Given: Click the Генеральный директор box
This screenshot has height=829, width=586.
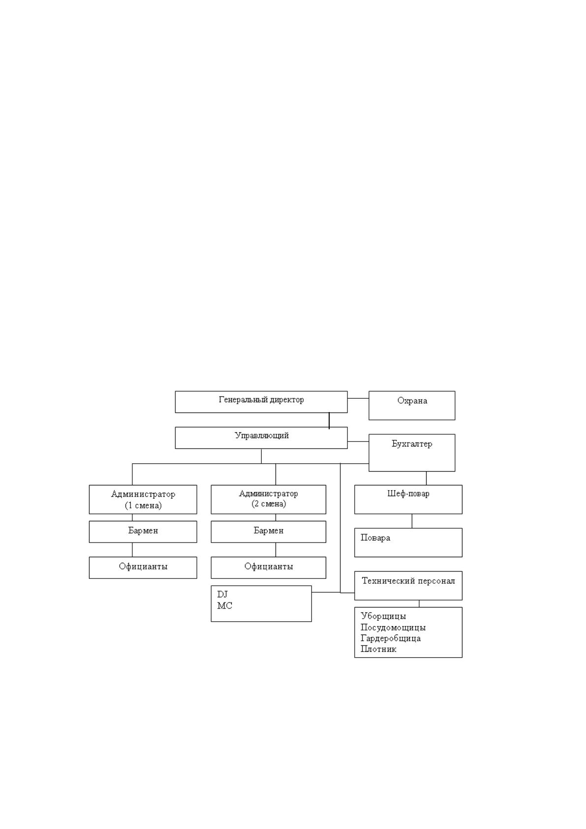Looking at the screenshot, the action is pos(261,402).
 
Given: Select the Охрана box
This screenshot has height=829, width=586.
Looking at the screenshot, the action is pos(412,405).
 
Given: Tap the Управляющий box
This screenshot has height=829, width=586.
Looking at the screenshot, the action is pos(261,438).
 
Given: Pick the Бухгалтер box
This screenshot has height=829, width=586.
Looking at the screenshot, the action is pos(412,452).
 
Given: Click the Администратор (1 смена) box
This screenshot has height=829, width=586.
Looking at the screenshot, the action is pos(143,499).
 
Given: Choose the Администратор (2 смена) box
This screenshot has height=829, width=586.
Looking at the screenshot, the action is pos(268,499).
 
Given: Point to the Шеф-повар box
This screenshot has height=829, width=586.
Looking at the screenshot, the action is pos(408,499).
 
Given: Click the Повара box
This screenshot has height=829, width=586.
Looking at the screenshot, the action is pos(408,542).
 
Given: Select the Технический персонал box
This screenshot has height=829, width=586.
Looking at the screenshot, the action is pos(408,585).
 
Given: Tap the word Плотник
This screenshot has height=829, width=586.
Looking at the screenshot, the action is pos(378,649).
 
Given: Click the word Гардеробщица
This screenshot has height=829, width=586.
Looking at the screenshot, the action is pos(391,638).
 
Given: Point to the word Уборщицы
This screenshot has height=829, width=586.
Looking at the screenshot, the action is pos(383,616).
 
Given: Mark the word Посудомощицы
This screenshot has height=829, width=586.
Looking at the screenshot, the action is pos(393,627).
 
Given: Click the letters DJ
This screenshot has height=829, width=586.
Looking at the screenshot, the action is pos(222,594).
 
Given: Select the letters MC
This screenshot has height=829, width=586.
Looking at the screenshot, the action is pos(224,606).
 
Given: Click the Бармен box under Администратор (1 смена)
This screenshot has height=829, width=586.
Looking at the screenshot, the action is pos(143,532).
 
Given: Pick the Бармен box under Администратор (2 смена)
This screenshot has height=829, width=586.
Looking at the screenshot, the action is pos(268,532).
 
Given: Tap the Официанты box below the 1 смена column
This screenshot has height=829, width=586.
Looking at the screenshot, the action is pos(143,567).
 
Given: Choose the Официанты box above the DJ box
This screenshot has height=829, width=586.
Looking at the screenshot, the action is pos(268,567).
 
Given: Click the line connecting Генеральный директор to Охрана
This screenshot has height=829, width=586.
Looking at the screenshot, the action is pos(358,398).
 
